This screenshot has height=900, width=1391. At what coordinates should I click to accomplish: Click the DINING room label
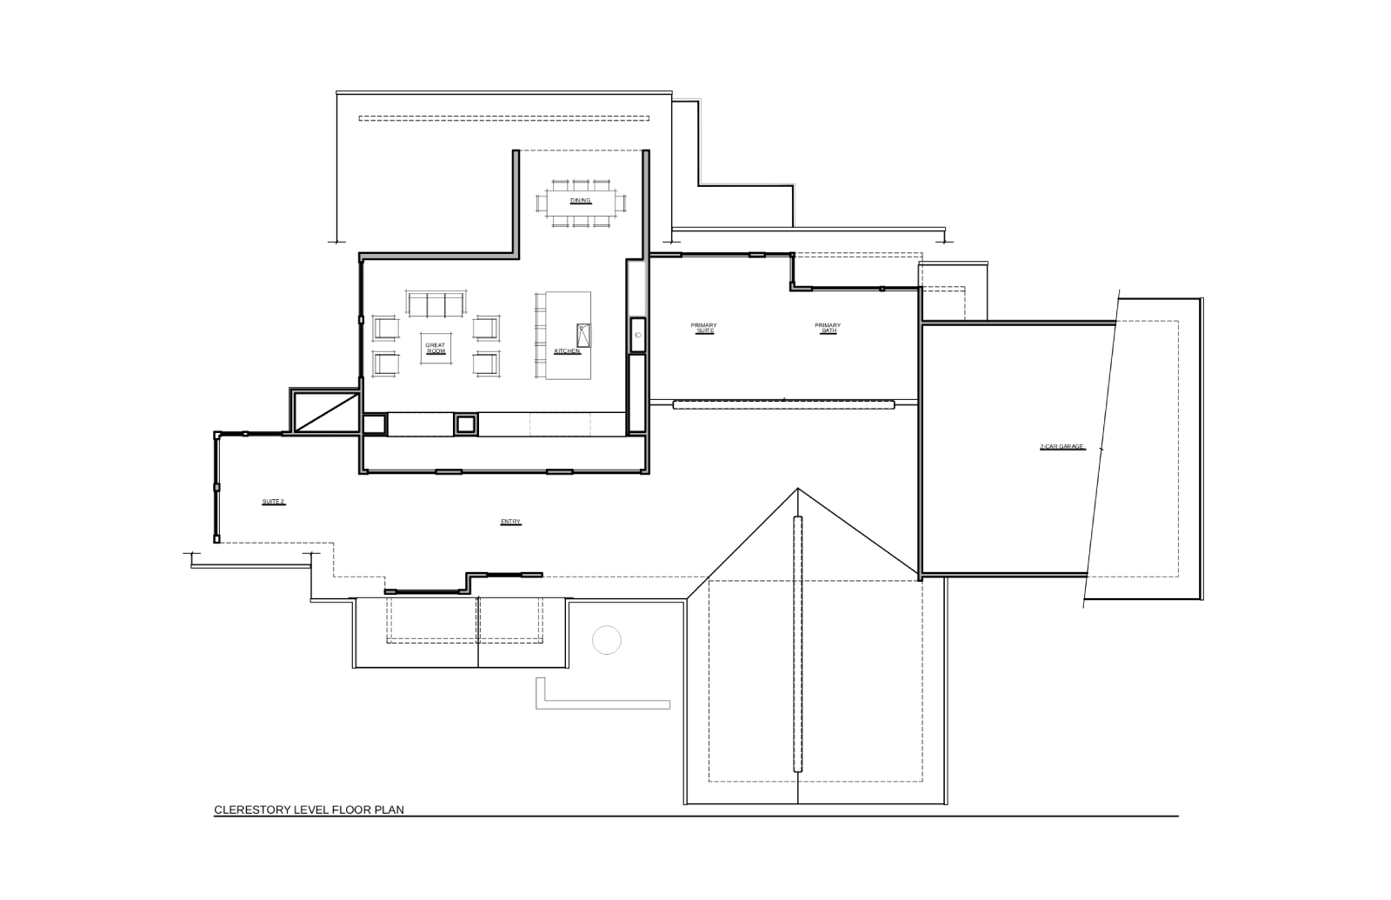point(581,201)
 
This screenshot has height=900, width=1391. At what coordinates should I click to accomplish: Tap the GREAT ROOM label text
point(436,349)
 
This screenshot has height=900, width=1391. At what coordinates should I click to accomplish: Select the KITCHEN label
point(567,351)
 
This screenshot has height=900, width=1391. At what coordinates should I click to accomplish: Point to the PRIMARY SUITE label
point(703,328)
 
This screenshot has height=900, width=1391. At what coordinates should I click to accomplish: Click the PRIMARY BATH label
point(828,328)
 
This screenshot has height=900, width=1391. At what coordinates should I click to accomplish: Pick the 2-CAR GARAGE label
point(1062,447)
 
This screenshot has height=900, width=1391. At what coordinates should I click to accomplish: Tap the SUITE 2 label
point(273,502)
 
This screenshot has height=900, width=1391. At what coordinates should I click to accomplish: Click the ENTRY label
point(510,522)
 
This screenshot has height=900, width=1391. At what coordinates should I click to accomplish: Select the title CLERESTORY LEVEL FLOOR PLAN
point(309,810)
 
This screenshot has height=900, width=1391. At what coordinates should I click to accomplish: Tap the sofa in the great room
point(436,303)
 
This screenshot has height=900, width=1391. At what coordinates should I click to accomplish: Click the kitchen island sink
point(583,336)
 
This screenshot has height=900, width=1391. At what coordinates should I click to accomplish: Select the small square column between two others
point(466,425)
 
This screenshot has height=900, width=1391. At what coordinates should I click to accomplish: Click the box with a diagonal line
point(325,411)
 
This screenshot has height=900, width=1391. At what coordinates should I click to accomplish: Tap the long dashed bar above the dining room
point(503,118)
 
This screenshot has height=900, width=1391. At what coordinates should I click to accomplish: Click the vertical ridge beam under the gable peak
point(798,644)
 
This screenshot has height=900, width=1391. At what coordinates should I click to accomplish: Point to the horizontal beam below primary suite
point(783,405)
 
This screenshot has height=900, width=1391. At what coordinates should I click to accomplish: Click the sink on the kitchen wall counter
point(638,336)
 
